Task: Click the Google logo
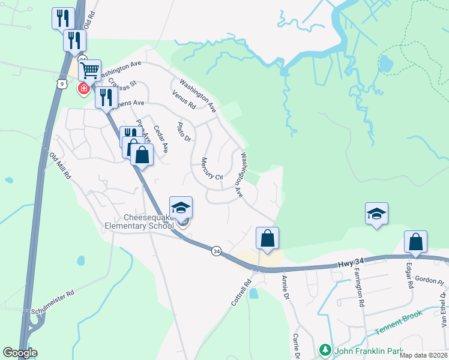[x=20, y=353]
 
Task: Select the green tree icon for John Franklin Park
[x=325, y=349]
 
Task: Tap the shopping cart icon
[x=89, y=71]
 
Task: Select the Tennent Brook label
[x=399, y=323]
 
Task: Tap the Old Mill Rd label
[x=60, y=166]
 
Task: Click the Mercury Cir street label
[x=212, y=169]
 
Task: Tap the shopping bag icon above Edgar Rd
[x=415, y=242]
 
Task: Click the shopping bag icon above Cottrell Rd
[x=268, y=238]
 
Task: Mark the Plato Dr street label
[x=183, y=133]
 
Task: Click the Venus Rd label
[x=184, y=99]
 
